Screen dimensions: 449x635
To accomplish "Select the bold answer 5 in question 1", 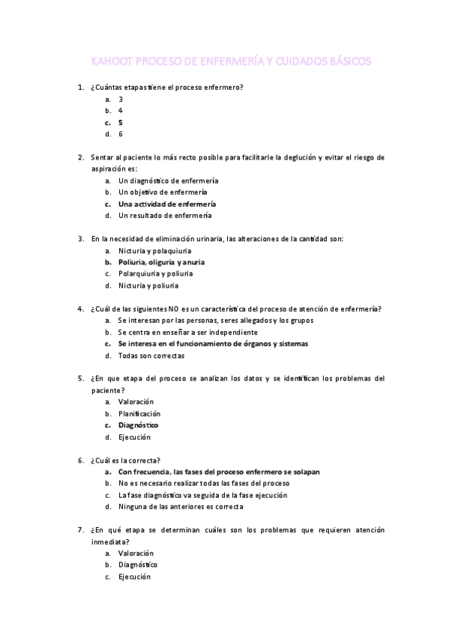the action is pyautogui.click(x=121, y=122).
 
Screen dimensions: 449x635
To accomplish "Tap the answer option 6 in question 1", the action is pyautogui.click(x=121, y=134).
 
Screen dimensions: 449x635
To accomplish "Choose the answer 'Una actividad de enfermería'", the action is pyautogui.click(x=167, y=204).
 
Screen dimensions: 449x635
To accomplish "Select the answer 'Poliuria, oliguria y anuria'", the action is pyautogui.click(x=161, y=262).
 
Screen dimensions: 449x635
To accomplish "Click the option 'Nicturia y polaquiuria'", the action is pyautogui.click(x=154, y=250).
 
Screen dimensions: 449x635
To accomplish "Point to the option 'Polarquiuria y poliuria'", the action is pyautogui.click(x=156, y=273).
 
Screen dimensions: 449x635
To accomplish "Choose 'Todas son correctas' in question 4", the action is pyautogui.click(x=151, y=356).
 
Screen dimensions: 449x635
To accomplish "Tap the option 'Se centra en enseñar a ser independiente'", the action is pyautogui.click(x=187, y=332).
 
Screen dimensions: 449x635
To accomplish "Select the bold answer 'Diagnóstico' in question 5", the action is pyautogui.click(x=138, y=425).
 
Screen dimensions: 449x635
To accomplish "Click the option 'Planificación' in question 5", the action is pyautogui.click(x=139, y=413).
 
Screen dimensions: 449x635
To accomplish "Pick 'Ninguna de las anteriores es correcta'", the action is pyautogui.click(x=180, y=507).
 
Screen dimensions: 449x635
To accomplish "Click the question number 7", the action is pyautogui.click(x=80, y=529).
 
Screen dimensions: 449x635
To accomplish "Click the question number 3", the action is pyautogui.click(x=80, y=239).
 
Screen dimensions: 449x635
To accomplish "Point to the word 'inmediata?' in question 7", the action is pyautogui.click(x=109, y=541).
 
